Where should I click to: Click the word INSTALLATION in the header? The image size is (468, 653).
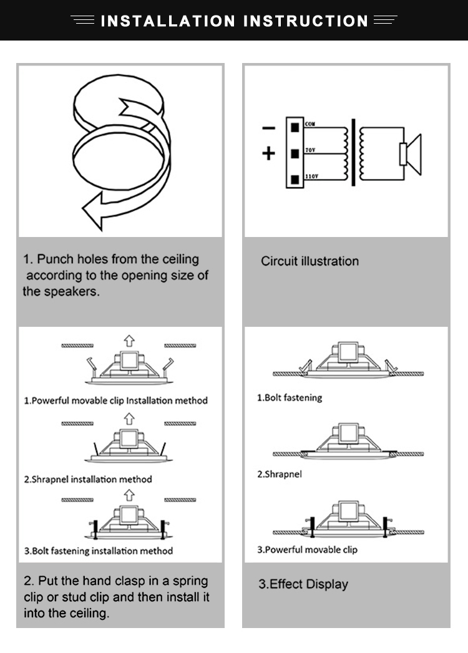tap(168, 21)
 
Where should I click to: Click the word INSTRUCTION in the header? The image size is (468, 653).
tap(306, 21)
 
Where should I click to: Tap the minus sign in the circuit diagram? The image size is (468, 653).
tap(268, 128)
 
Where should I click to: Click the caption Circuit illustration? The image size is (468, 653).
tap(310, 261)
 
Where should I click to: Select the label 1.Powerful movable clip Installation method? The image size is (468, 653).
tap(115, 400)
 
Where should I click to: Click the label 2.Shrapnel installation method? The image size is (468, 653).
tap(88, 480)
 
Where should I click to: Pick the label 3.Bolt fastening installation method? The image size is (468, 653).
tap(99, 551)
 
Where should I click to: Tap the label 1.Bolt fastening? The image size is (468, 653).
tap(290, 397)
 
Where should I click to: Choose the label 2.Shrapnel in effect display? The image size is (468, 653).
tap(280, 474)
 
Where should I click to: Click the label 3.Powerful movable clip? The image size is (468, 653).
tap(308, 549)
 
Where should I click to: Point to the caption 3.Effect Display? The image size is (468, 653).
tap(303, 584)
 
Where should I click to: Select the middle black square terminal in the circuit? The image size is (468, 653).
tap(294, 152)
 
